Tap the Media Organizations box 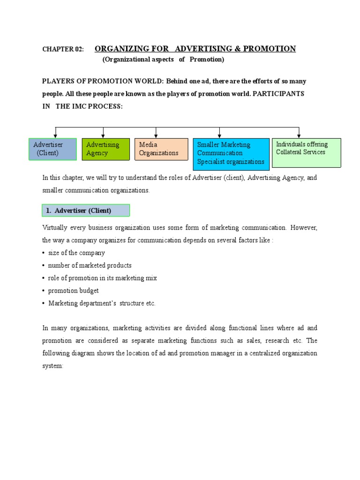(161, 149)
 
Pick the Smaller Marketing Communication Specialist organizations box (231, 153)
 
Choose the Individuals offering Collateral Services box (306, 152)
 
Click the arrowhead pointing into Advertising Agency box (103, 136)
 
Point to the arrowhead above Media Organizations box (156, 136)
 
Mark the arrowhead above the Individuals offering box (299, 136)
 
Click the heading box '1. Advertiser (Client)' (85, 210)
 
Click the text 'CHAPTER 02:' (63, 49)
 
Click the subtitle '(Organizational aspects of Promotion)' (163, 60)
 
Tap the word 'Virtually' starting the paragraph (55, 227)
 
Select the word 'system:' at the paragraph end (52, 366)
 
